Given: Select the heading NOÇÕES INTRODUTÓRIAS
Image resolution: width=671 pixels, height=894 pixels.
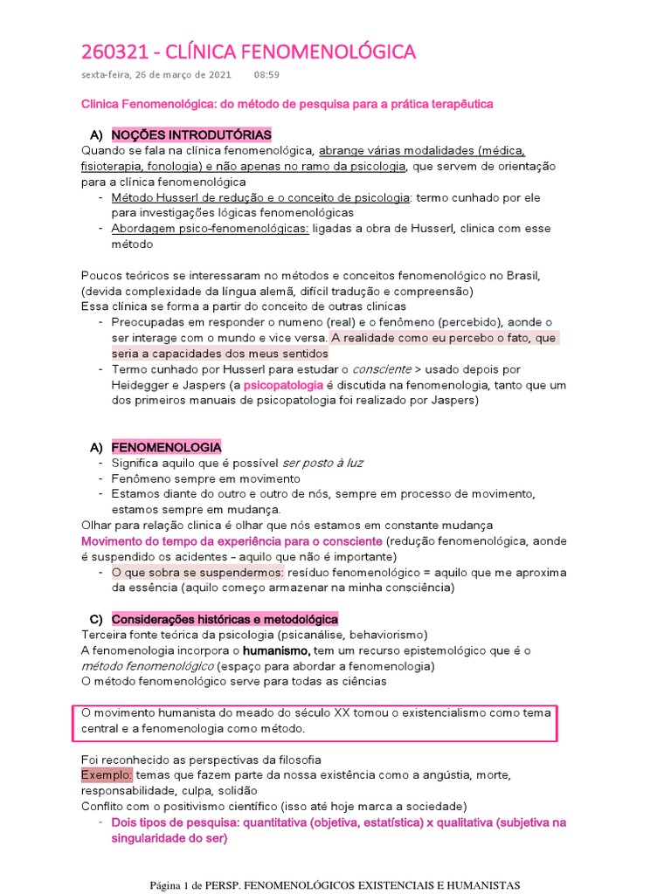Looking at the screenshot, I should (x=191, y=134).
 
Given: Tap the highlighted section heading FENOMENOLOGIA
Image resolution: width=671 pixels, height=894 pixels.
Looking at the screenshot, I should (x=166, y=447).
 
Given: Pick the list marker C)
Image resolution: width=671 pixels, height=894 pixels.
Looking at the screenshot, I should (x=97, y=618).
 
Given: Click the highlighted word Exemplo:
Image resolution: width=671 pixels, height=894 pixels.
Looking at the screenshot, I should (x=107, y=774).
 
